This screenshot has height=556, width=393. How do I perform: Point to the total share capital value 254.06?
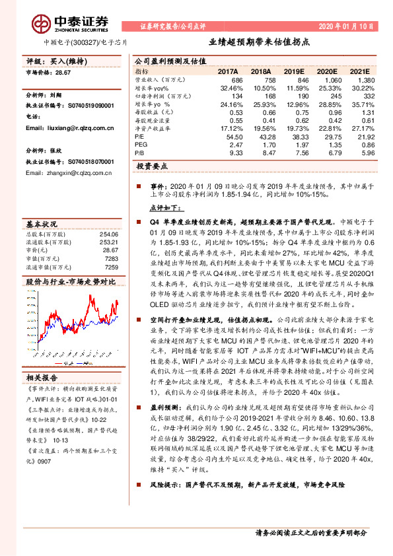point(108,234)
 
